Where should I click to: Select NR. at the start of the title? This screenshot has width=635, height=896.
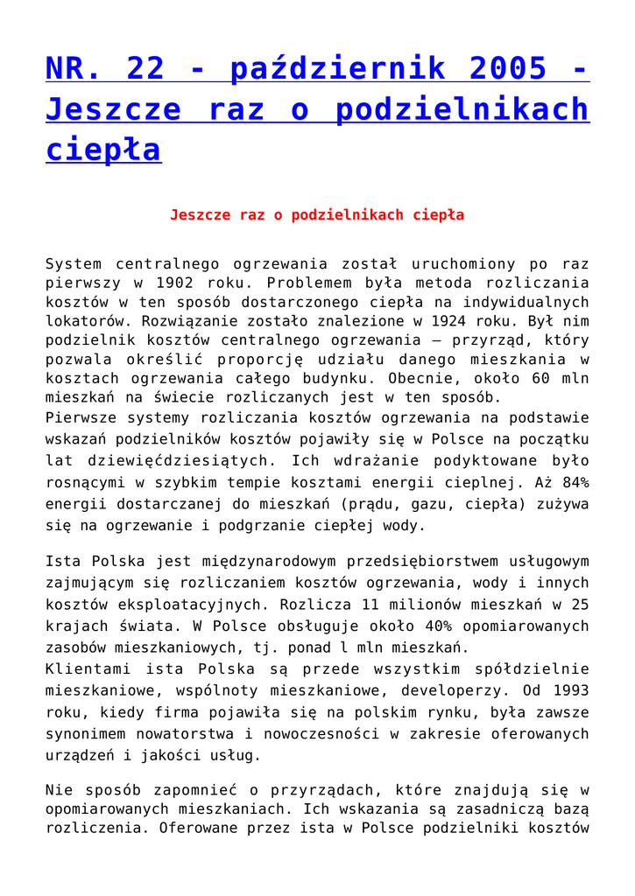click(74, 67)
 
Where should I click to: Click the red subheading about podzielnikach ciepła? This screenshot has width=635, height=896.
click(317, 214)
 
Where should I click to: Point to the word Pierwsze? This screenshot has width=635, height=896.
click(80, 418)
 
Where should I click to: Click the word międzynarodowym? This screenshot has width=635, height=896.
click(284, 562)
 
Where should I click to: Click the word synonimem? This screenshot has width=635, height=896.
click(86, 733)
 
